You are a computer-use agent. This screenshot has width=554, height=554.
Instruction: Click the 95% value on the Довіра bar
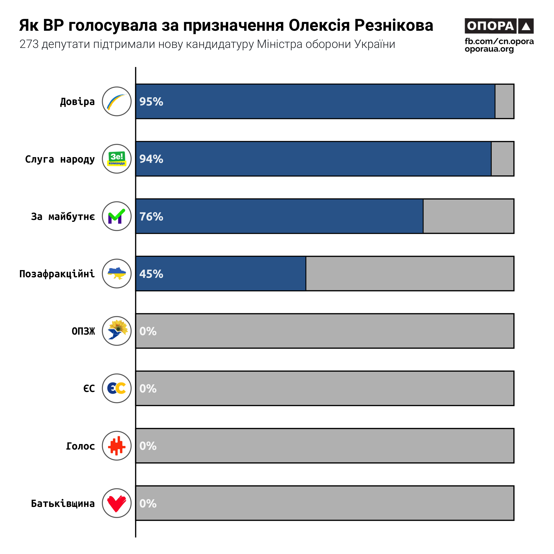click(x=151, y=101)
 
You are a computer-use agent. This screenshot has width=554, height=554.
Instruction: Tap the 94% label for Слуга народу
click(x=151, y=159)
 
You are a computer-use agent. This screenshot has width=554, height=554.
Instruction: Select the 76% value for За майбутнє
click(x=151, y=217)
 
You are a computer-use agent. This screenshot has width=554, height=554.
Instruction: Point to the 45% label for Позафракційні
click(x=151, y=274)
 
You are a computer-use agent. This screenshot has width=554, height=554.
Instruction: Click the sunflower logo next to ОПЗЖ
click(x=117, y=331)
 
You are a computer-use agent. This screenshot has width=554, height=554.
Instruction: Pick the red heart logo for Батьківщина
click(x=117, y=503)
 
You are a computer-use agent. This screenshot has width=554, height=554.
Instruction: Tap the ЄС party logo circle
click(x=117, y=388)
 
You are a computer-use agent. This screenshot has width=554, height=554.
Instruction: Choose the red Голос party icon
click(x=117, y=446)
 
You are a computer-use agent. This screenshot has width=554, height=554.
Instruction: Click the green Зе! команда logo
click(x=117, y=158)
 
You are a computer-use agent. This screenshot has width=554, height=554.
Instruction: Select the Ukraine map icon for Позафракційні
click(x=117, y=274)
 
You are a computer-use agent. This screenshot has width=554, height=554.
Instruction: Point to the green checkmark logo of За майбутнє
click(x=117, y=216)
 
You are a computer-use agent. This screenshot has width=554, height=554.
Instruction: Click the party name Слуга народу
click(x=60, y=159)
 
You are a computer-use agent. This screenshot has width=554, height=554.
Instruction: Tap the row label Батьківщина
click(x=63, y=504)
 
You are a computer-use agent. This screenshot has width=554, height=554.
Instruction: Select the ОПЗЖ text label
click(x=83, y=331)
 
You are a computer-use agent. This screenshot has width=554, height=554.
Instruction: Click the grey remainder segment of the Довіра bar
click(x=504, y=101)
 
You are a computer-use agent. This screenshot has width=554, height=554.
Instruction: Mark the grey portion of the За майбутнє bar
click(x=468, y=216)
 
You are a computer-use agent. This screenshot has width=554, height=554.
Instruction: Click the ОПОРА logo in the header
click(x=499, y=26)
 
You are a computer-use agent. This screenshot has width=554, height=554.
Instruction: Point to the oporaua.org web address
click(x=489, y=49)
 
